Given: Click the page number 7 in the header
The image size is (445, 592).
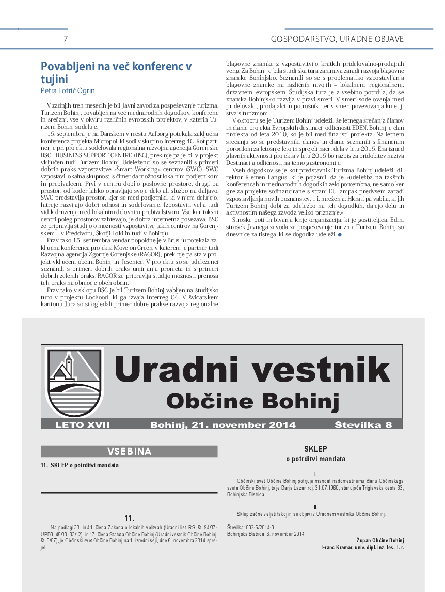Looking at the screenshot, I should tap(66, 39).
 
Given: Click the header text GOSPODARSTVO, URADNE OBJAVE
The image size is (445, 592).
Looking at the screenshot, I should tap(337, 39).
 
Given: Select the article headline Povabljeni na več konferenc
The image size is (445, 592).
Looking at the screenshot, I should tap(116, 72).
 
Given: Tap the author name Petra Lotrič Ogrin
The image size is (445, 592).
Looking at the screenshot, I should tap(68, 90).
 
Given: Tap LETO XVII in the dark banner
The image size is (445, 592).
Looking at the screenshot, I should tap(83, 425).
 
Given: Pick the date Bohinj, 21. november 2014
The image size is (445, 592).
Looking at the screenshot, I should tap(223, 425).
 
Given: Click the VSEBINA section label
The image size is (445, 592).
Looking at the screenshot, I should tap(129, 451).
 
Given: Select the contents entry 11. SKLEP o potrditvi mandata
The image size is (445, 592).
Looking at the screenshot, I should tap(80, 465).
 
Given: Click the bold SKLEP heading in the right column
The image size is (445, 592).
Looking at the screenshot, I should tap(315, 449).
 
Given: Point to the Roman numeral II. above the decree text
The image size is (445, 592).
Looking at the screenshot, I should tap(315, 507).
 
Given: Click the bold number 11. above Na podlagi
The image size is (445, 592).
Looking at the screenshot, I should tap(129, 518).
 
